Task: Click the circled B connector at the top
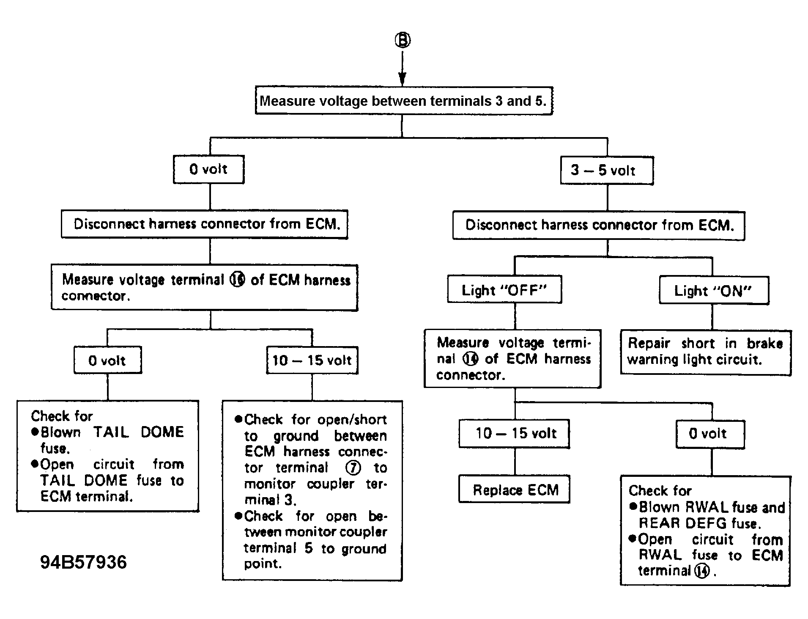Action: [x=403, y=40]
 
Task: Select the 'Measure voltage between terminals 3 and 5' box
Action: [x=404, y=101]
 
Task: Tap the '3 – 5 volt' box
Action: [x=607, y=171]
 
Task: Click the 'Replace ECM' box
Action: [x=514, y=490]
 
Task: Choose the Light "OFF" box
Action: [x=504, y=290]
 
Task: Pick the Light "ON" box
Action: [x=714, y=291]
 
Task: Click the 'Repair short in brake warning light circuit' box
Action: [x=706, y=352]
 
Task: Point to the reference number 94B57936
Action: [x=83, y=562]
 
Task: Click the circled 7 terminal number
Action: [x=353, y=468]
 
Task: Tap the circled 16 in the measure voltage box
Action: [x=237, y=279]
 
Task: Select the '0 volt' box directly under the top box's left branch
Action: [x=208, y=170]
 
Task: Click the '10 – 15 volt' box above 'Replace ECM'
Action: [x=514, y=434]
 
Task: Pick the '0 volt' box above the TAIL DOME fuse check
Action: [x=108, y=360]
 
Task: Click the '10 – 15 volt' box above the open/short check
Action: [x=312, y=360]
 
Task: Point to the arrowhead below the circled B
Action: [x=402, y=79]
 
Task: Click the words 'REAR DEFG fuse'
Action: [x=700, y=523]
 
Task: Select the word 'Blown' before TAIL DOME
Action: [x=60, y=432]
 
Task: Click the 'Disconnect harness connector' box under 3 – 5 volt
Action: [x=599, y=225]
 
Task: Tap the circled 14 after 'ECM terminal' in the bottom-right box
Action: [x=702, y=571]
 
